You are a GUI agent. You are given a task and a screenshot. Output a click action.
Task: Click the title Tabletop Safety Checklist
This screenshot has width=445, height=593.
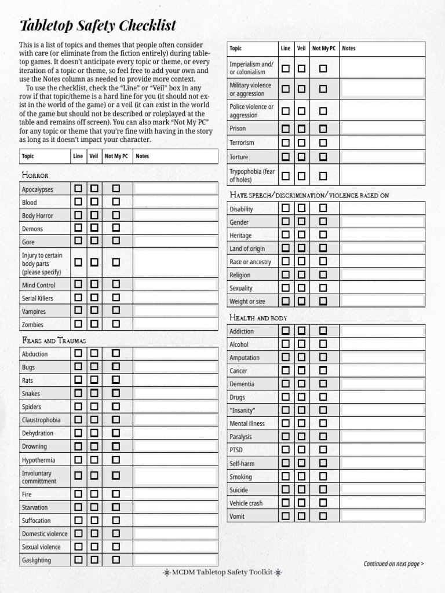pyautogui.click(x=98, y=25)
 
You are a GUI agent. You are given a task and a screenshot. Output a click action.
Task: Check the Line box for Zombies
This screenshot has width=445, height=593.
pyautogui.click(x=78, y=324)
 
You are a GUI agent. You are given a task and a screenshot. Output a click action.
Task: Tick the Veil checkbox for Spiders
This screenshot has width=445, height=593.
pyautogui.click(x=94, y=406)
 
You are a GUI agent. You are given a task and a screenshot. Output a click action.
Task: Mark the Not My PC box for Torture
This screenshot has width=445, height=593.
pyautogui.click(x=323, y=156)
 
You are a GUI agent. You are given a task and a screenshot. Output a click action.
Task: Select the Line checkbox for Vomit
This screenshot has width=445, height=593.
pyautogui.click(x=286, y=515)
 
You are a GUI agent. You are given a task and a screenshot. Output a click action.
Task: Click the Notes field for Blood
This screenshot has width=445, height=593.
pyautogui.click(x=176, y=202)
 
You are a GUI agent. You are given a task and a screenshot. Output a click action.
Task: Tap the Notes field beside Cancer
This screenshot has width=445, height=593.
pyautogui.click(x=382, y=370)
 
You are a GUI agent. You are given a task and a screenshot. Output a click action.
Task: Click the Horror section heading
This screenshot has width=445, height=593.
pyautogui.click(x=35, y=175)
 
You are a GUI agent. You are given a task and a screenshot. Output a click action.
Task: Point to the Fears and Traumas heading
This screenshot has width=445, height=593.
pyautogui.click(x=54, y=340)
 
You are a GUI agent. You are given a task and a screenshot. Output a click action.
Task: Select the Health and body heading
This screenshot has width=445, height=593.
pyautogui.click(x=258, y=317)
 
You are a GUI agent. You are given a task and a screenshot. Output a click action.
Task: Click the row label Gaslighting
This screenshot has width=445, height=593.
pyautogui.click(x=37, y=560)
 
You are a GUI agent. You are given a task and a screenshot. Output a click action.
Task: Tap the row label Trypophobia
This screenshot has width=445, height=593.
pyautogui.click(x=252, y=175)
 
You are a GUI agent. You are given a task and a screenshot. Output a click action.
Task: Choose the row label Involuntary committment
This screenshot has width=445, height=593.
pyautogui.click(x=39, y=477)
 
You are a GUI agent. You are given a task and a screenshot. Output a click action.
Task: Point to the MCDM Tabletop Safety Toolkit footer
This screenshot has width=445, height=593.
pyautogui.click(x=222, y=572)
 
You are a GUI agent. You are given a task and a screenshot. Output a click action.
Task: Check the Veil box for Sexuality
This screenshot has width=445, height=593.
pyautogui.click(x=301, y=287)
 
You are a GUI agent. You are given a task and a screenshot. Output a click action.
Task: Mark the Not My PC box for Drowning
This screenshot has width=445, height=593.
pyautogui.click(x=116, y=446)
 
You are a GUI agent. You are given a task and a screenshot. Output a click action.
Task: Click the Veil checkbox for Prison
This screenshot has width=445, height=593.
pyautogui.click(x=301, y=129)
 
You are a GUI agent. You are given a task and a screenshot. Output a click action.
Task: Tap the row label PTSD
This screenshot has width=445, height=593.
pyautogui.click(x=236, y=450)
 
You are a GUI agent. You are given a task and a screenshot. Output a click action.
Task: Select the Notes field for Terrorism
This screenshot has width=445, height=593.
pyautogui.click(x=382, y=142)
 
